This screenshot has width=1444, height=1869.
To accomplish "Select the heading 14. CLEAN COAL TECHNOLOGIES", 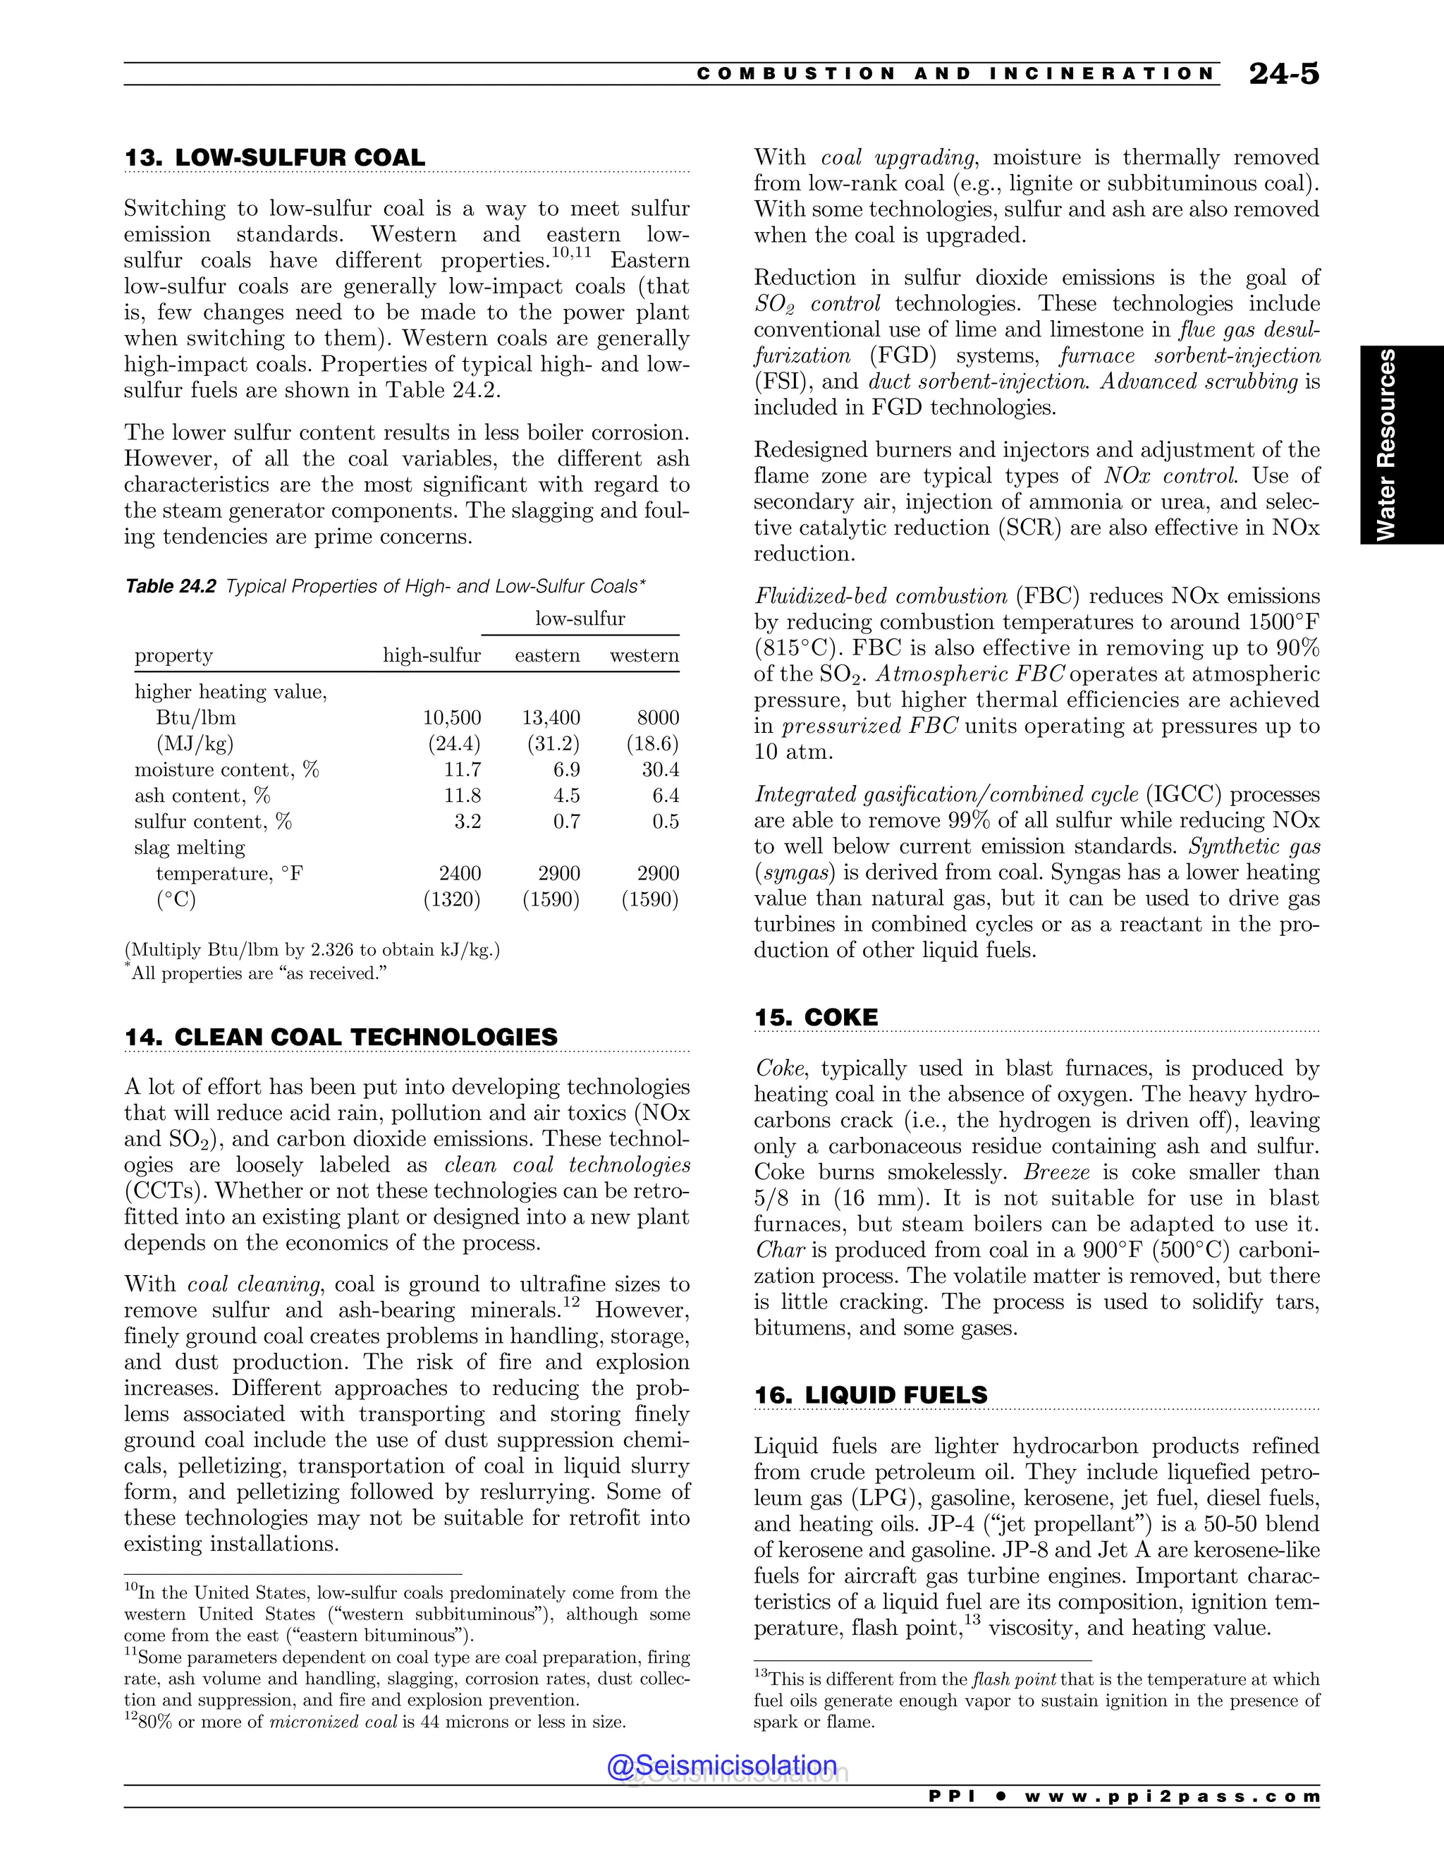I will (341, 1037).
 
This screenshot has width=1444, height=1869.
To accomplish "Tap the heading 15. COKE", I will (815, 1018).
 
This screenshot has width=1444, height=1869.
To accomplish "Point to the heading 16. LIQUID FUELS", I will (870, 1395).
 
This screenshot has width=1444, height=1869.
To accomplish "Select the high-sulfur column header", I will (431, 655).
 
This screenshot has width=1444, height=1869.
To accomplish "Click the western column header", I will (644, 655).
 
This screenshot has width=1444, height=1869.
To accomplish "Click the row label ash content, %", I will (202, 796).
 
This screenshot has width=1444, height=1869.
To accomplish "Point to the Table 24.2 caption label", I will (170, 586).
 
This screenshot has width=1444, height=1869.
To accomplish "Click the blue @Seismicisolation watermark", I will (722, 1765).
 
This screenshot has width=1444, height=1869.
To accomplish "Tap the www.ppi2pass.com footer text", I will (1171, 1796).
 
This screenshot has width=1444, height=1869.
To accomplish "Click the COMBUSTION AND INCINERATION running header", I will (955, 73).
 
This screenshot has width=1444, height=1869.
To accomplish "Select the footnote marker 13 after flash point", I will (971, 1620).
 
